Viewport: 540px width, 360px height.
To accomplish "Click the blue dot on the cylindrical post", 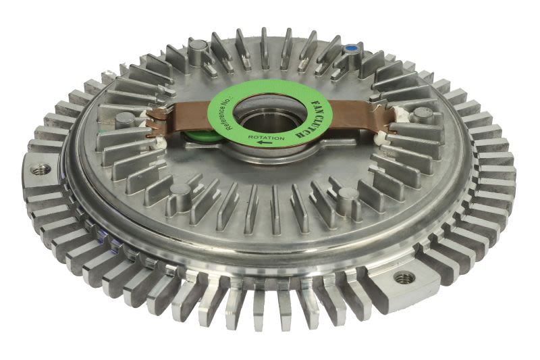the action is tap(351, 49).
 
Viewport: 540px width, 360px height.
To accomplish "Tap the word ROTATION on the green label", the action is tap(267, 138).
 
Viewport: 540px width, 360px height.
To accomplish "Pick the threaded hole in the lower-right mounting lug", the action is tap(403, 277).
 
